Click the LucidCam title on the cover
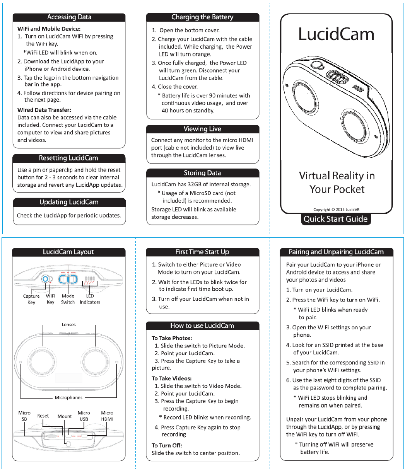tap(336, 34)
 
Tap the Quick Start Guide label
tap(335, 219)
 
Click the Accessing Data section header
tap(69, 17)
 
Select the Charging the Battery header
tap(202, 17)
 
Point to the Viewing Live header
tap(202, 129)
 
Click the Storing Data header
tap(202, 173)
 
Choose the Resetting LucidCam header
tap(69, 158)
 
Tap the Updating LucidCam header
tap(69, 202)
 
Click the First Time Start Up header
tap(202, 252)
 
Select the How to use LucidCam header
tap(202, 325)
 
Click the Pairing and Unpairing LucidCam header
tap(336, 252)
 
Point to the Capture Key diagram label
tap(31, 299)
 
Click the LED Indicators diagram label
tap(90, 299)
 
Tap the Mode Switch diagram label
tap(68, 299)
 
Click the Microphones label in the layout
tap(68, 397)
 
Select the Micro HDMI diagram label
tap(107, 416)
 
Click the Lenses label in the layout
tap(68, 324)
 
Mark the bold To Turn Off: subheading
tap(167, 445)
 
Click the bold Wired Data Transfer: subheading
tap(44, 110)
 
